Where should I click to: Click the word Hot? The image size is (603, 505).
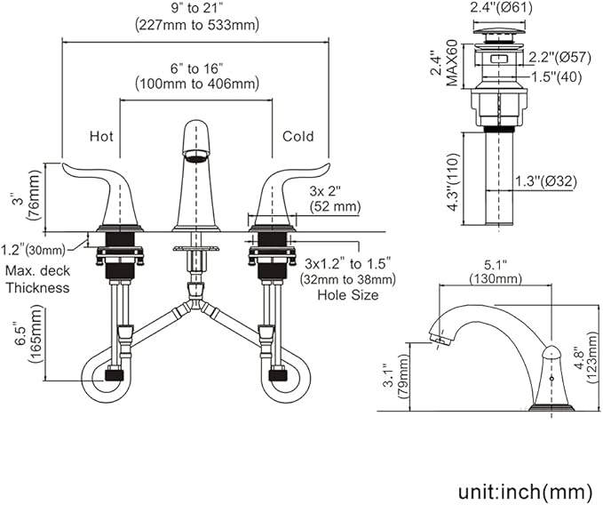(x=101, y=136)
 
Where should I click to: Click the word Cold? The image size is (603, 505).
(x=298, y=136)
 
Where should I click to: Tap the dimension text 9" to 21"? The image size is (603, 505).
(x=197, y=8)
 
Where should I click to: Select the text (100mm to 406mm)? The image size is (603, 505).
(x=197, y=84)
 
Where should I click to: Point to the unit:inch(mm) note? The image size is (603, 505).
(x=526, y=492)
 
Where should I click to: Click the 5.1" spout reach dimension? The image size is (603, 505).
(x=496, y=265)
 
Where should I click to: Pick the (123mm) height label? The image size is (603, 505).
(x=591, y=358)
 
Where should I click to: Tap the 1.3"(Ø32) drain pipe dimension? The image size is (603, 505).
(x=546, y=180)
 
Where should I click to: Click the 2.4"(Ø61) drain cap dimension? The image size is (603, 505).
(x=502, y=8)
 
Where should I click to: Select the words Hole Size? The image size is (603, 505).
(x=347, y=295)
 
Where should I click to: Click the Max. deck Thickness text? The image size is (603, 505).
(x=37, y=279)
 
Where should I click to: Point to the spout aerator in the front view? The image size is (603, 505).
(x=196, y=155)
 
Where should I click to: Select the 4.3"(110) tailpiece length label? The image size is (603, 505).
(x=454, y=181)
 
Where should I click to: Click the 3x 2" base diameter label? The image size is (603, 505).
(x=325, y=191)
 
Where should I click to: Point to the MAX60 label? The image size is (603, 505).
(x=452, y=63)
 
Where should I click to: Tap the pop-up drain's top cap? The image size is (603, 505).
(x=498, y=31)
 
